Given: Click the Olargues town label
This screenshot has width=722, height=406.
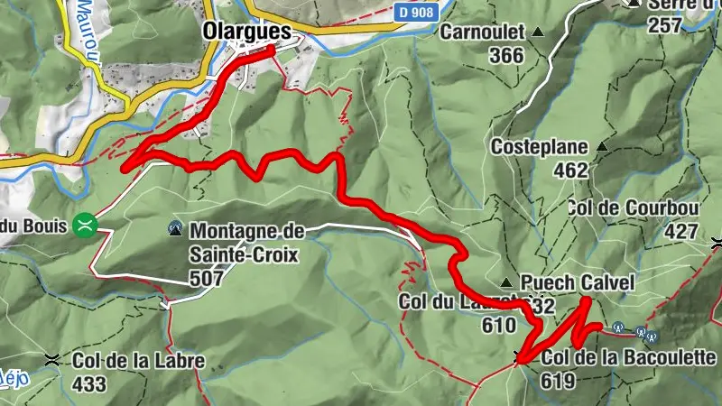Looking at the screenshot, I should pos(247,32).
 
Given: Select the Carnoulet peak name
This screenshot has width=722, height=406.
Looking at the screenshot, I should pos(483,32).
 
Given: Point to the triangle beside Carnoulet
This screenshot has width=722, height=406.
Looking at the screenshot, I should pos(539,32).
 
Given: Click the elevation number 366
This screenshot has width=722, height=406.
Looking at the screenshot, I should pos(506,56).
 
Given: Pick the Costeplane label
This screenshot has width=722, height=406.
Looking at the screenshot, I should pos(539,146).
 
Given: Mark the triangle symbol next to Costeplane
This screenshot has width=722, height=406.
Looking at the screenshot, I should pos(602,146).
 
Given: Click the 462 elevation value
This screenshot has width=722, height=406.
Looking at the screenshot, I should pos(570,170).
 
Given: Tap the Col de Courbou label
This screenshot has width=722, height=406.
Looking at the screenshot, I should pos(634,207).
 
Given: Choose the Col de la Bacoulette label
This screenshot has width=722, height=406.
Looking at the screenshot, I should pos(629,357).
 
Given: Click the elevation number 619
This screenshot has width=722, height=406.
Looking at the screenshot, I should pos(559,381).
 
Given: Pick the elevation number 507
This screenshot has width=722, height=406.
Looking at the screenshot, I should pos(208,280).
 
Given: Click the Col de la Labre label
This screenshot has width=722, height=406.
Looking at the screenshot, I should pos(139,361).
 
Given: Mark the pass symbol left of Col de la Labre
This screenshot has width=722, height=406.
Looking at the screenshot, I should pos(55,360).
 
